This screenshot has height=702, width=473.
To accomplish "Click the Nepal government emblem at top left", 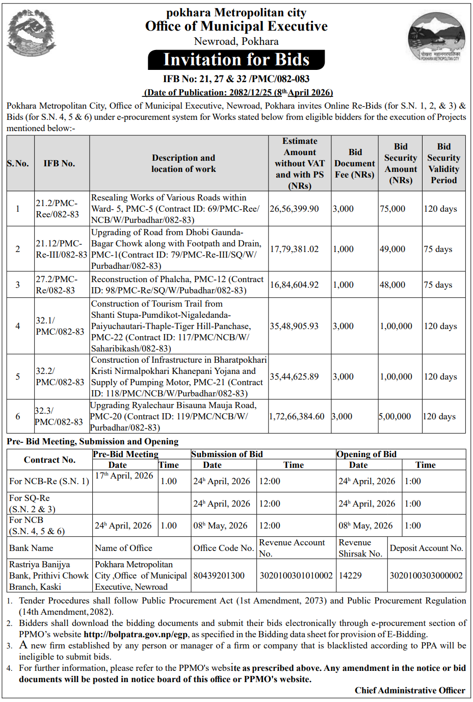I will pyautogui.click(x=31, y=33).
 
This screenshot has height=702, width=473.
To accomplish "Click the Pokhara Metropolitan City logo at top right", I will pyautogui.click(x=437, y=37).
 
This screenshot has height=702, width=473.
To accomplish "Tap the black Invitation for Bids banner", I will pyautogui.click(x=236, y=60).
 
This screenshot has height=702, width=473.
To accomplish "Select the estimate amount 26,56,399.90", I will pyautogui.click(x=294, y=209).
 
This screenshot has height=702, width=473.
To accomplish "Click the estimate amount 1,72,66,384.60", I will pyautogui.click(x=297, y=416).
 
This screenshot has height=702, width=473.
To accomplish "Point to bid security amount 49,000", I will pyautogui.click(x=392, y=249).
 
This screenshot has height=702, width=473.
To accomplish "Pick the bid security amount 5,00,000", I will pyautogui.click(x=395, y=416).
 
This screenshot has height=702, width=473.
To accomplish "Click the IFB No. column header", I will pyautogui.click(x=59, y=163).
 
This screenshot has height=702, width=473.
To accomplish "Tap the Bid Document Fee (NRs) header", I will pyautogui.click(x=354, y=163).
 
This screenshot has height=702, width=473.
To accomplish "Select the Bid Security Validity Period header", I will pyautogui.click(x=443, y=163).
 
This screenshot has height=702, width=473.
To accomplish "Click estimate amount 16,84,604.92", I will pyautogui.click(x=294, y=285).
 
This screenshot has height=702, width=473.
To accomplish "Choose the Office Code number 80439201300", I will pyautogui.click(x=219, y=575).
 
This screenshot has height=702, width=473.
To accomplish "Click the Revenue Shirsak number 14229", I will pyautogui.click(x=350, y=575).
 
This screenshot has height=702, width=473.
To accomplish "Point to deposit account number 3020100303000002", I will pyautogui.click(x=426, y=575).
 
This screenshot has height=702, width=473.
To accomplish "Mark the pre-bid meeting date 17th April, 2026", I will pyautogui.click(x=124, y=475).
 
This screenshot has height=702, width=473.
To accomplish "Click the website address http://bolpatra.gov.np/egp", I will pyautogui.click(x=136, y=634).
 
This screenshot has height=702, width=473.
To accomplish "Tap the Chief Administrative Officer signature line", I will pyautogui.click(x=410, y=690).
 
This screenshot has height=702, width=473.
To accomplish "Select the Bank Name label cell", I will pyautogui.click(x=31, y=548).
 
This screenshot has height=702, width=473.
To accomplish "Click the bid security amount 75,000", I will pyautogui.click(x=392, y=209).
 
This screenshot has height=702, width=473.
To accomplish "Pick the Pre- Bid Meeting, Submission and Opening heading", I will pyautogui.click(x=93, y=441).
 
